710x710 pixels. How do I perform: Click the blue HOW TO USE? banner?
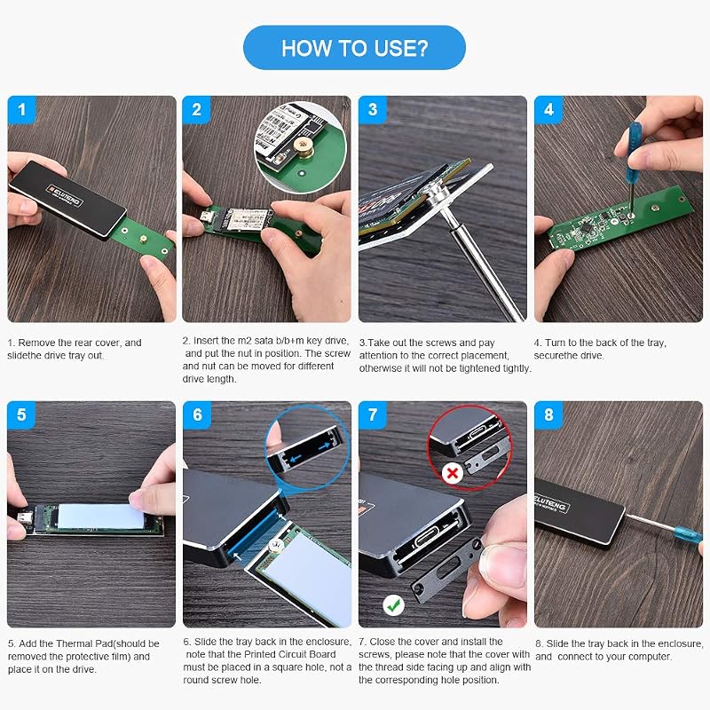pos(354,48)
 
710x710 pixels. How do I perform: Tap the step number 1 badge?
pos(21,109)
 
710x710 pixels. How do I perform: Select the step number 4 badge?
pos(548,109)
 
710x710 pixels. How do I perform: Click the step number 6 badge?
pos(197,414)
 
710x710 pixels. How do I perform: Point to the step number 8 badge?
pos(548,414)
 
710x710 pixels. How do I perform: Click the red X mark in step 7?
pos(452,474)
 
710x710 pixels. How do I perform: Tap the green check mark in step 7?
pos(393,604)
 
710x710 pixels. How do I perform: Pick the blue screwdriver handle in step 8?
pos(687,534)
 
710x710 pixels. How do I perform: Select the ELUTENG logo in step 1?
pos(65,195)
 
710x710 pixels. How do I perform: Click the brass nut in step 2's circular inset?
pos(301,146)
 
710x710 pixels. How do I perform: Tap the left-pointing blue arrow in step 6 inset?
pos(296,459)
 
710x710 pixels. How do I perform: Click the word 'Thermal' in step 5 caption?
pos(97,643)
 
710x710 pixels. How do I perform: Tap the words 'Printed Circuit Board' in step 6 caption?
pos(290,654)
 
